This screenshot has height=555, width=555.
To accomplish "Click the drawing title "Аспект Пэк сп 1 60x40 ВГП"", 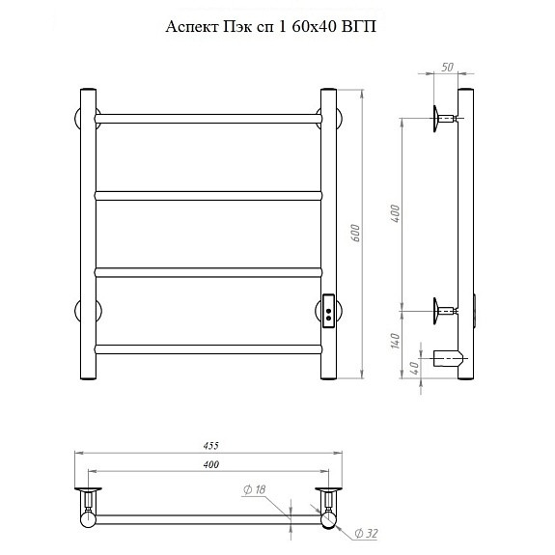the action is (271, 27).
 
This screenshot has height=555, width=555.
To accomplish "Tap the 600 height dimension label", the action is (356, 233).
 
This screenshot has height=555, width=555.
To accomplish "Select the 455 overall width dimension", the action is (211, 446).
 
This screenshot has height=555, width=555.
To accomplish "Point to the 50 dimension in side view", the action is (448, 67).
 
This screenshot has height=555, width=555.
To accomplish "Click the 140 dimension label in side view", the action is (396, 341).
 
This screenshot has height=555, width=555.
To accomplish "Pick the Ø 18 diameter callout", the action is (255, 490).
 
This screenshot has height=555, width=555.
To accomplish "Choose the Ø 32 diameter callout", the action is (367, 533).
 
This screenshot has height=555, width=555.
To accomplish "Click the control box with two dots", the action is (328, 312).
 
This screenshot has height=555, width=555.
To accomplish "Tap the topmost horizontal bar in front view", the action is (208, 119).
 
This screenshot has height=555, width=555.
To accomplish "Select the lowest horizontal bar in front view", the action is (208, 349).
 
